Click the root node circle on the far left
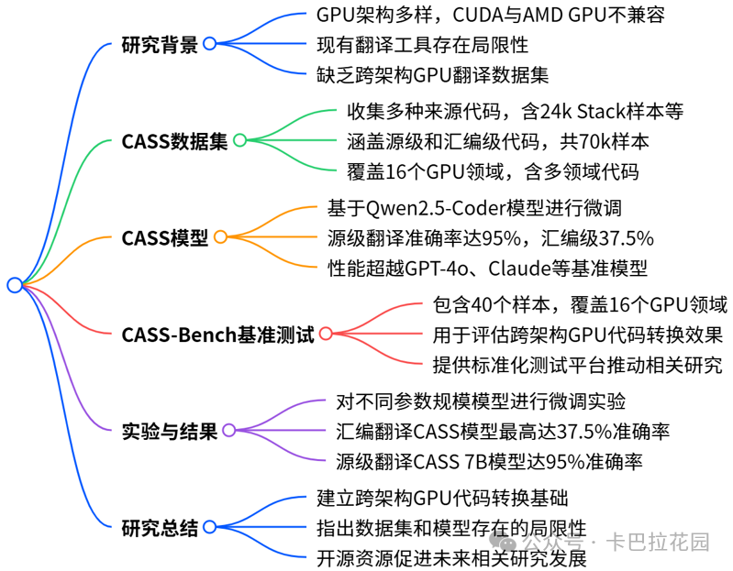(x=14, y=285)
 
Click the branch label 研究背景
(x=160, y=44)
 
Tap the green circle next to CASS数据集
(x=239, y=140)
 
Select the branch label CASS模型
(x=164, y=238)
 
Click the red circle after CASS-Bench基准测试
(x=326, y=335)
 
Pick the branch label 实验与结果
(x=170, y=431)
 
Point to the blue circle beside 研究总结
(x=210, y=527)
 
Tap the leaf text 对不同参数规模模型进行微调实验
(x=483, y=401)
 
